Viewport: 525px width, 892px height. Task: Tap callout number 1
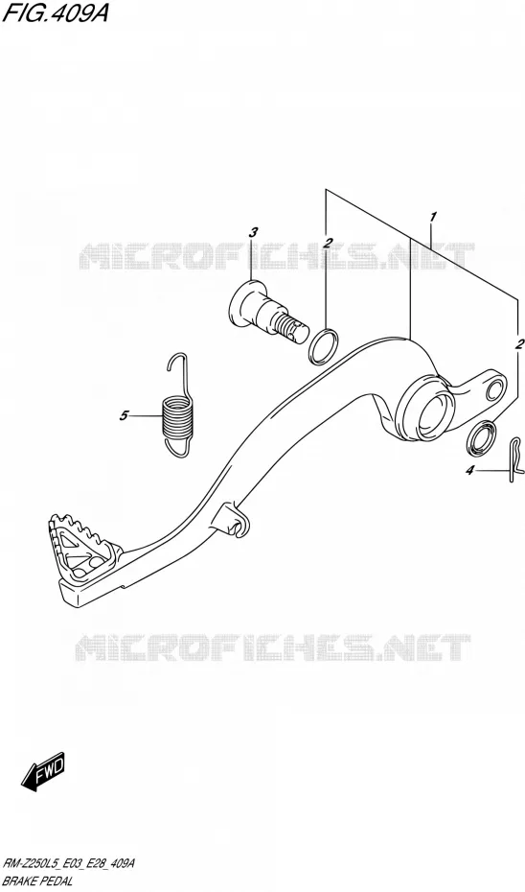point(433,217)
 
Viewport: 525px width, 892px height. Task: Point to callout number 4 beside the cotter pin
point(469,470)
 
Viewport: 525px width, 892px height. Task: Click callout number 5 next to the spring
point(124,416)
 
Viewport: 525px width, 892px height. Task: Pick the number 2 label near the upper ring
point(328,243)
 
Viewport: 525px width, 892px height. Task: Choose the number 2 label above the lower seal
point(518,343)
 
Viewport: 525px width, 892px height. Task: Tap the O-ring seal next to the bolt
point(324,346)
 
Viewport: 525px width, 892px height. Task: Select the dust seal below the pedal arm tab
point(480,439)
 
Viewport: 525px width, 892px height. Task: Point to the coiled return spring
point(176,405)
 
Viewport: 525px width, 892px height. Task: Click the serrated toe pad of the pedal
point(84,548)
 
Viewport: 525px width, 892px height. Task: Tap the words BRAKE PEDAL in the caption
point(37,882)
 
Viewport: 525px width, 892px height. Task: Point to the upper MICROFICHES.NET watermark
point(276,256)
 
